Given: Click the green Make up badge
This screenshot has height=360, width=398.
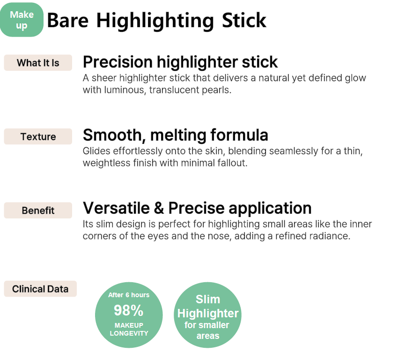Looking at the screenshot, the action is coord(22,20).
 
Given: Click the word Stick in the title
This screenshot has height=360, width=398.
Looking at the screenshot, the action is coord(244,20).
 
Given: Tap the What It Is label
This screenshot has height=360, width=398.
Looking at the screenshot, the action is coord(38,63).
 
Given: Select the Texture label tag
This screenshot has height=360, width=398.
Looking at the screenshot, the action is coord(38,137).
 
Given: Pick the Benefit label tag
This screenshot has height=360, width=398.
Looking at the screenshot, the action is coord(38,210).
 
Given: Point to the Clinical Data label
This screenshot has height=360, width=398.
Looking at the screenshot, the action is coord(40,289).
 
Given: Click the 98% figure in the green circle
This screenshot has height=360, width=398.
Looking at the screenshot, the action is coord(129,310).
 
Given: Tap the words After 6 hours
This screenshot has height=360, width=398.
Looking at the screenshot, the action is coord(129,295).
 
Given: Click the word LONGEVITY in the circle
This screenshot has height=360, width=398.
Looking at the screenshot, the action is coord(129,333).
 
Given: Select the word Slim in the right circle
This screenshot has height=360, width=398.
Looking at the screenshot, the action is coord(208,299).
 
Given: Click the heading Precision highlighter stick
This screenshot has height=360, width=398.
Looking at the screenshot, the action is coord(180,62).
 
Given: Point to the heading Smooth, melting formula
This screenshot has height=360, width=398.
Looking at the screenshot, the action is coord(176,135).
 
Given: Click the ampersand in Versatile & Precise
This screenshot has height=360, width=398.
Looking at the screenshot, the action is coord(159,208).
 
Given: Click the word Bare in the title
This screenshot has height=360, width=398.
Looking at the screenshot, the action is coord(68,20).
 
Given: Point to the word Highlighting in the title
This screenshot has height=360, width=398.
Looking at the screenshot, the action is coord(155,21).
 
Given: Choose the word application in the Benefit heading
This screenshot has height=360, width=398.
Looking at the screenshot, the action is coord(270,209).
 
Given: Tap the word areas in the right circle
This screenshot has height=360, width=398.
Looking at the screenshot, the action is coord(208,336).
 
